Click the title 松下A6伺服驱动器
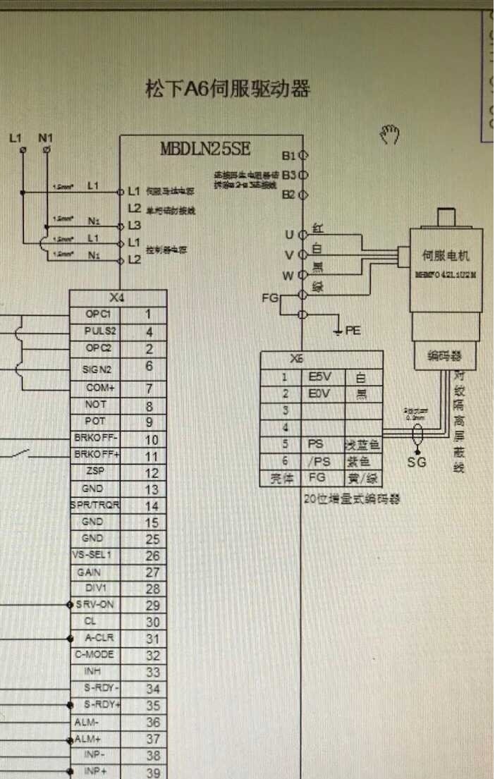click(x=227, y=90)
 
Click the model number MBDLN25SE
click(x=205, y=149)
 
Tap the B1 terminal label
click(x=288, y=156)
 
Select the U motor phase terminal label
click(x=289, y=234)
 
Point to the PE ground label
click(x=353, y=330)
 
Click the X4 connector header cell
click(x=118, y=298)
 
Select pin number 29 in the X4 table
click(x=152, y=606)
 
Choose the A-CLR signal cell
click(x=98, y=638)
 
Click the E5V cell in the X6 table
click(x=321, y=377)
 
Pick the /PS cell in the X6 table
click(x=321, y=462)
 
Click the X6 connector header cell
click(x=321, y=358)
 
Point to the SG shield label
click(x=417, y=462)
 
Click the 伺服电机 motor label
click(x=445, y=256)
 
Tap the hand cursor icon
click(x=390, y=133)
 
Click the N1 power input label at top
click(x=46, y=137)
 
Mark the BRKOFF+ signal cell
click(x=97, y=455)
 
